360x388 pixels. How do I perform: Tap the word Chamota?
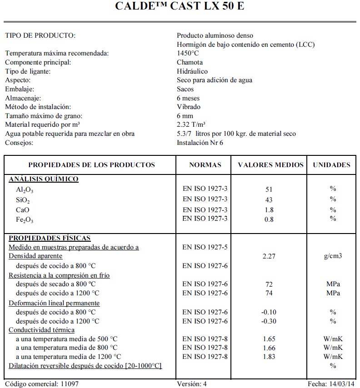click(190, 62)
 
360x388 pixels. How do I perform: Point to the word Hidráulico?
click(192, 71)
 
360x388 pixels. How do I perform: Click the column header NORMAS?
click(205, 165)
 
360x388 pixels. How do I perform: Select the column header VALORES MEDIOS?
click(270, 165)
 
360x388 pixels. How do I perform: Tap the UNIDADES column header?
click(332, 165)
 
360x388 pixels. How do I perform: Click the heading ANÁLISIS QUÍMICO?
click(44, 179)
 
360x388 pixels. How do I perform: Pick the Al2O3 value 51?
click(269, 189)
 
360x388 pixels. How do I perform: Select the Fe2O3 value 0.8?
click(269, 220)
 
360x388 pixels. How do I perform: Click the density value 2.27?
click(270, 256)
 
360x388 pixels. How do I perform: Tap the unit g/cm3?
click(333, 256)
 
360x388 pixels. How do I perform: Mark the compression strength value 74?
click(269, 293)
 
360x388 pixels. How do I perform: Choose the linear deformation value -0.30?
click(270, 321)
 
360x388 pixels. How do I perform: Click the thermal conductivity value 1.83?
click(270, 357)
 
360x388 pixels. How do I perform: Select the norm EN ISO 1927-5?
click(205, 247)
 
